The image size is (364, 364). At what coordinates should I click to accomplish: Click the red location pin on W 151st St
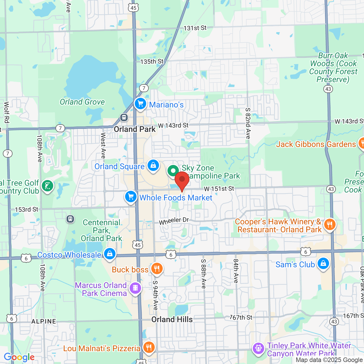click(182, 180)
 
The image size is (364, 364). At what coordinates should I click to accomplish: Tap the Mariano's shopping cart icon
click(140, 104)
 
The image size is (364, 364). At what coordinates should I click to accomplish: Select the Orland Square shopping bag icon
click(153, 165)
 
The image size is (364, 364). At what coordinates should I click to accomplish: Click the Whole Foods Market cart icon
click(131, 197)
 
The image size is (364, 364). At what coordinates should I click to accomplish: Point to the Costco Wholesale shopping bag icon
click(110, 253)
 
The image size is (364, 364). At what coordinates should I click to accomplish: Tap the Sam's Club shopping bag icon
click(323, 263)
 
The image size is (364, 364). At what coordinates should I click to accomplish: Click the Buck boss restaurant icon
click(157, 268)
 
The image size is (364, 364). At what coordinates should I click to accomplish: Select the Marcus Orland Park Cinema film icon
click(135, 288)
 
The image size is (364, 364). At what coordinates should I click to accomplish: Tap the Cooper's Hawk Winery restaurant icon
click(330, 225)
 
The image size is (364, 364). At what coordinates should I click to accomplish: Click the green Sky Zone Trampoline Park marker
click(173, 171)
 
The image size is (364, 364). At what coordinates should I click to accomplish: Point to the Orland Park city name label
click(135, 129)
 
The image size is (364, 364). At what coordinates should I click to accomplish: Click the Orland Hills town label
click(172, 320)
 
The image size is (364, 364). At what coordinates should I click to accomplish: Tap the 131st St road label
click(195, 28)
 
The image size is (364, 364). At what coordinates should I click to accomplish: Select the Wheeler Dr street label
click(174, 221)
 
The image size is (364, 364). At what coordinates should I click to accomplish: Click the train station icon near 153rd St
click(70, 219)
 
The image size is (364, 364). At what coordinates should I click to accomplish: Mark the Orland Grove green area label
click(82, 102)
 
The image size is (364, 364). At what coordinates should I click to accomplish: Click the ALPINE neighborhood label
click(44, 321)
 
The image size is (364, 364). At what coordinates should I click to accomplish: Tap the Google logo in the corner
click(19, 357)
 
